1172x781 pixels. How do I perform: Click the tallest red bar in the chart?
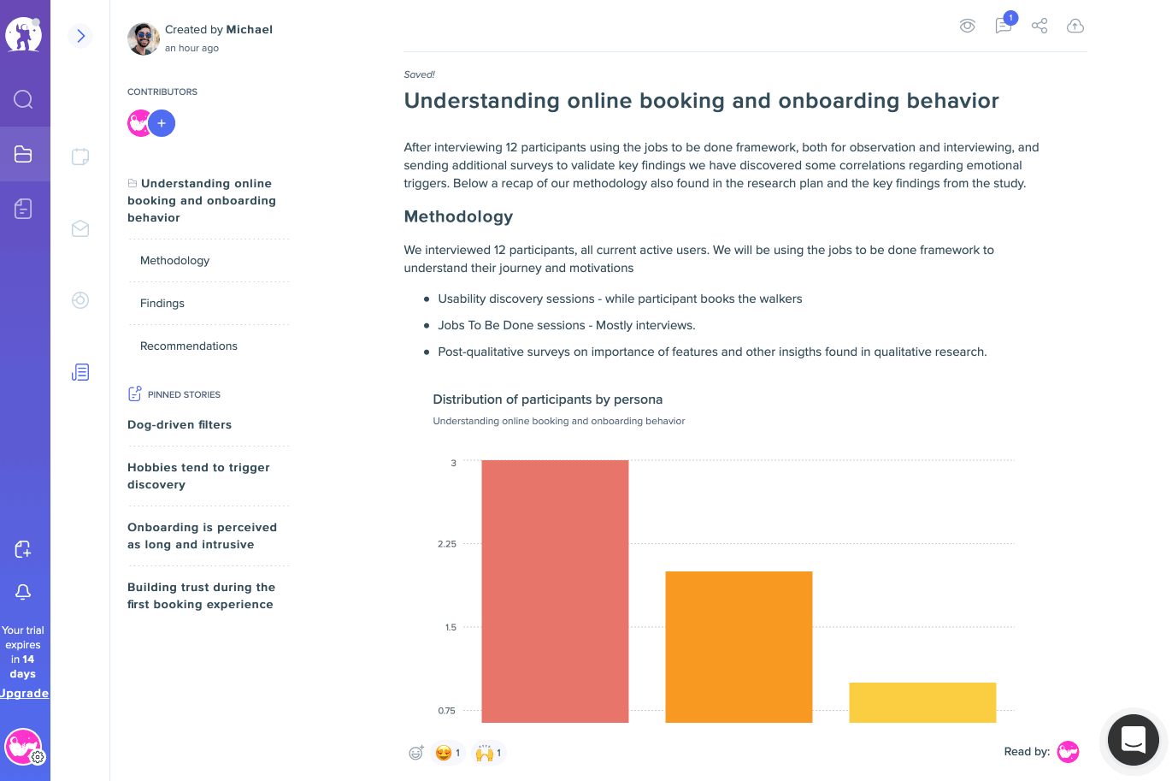pos(555,591)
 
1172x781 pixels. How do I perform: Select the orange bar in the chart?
pos(739,647)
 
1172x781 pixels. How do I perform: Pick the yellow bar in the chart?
pos(922,702)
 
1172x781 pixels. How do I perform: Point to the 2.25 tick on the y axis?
pos(447,544)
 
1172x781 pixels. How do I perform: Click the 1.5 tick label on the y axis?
pos(451,627)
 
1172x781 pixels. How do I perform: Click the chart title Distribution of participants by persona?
pos(547,399)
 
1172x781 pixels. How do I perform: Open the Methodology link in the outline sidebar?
pos(174,260)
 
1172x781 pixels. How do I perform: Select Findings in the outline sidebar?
pos(162,303)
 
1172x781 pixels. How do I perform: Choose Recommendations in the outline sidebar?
pos(188,346)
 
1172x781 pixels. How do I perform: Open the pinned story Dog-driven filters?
pos(180,424)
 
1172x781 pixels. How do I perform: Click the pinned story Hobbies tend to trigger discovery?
pos(198,476)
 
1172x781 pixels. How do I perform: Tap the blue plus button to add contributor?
pos(162,123)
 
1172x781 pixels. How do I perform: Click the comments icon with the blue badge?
pos(1004,25)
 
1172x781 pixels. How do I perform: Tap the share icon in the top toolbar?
pos(1039,26)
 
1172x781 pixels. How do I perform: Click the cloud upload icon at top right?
pos(1075,26)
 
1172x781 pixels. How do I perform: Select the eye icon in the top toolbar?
pos(967,26)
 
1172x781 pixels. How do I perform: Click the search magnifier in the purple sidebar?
pos(23,99)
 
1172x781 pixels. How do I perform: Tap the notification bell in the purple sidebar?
pos(23,592)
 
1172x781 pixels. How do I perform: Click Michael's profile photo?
pos(144,38)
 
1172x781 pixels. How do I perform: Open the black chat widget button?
pos(1133,740)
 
